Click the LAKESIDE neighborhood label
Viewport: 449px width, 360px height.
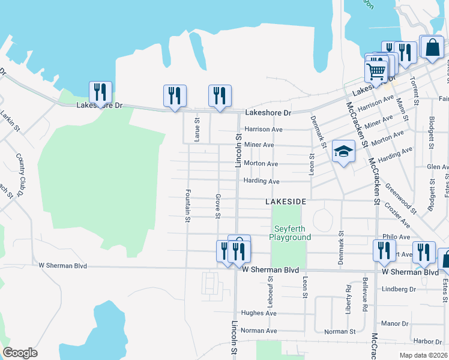point(286,202)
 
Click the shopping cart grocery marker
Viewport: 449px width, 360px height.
point(376,71)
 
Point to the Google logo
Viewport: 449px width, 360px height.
point(20,353)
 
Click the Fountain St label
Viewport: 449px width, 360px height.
point(188,206)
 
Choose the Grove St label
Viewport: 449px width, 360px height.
point(218,206)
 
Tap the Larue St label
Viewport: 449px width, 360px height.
point(197,129)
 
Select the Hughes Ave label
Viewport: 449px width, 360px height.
point(258,313)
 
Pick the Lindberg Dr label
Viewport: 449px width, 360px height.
point(399,289)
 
